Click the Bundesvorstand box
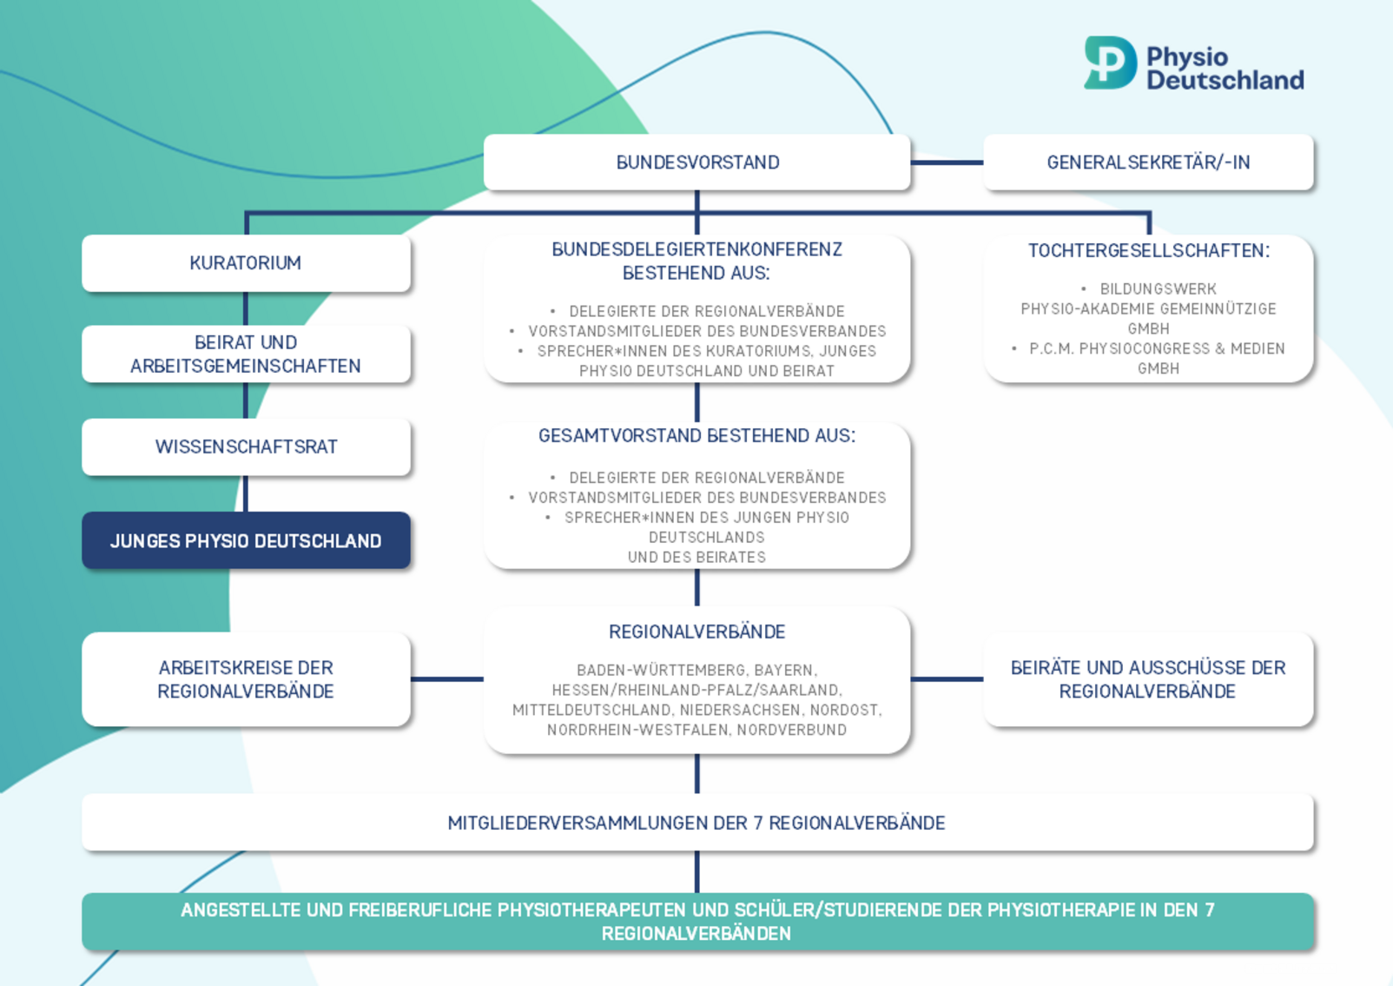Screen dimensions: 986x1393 coord(696,162)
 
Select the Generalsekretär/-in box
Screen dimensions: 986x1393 coord(1147,162)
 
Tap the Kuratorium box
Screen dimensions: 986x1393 coord(246,263)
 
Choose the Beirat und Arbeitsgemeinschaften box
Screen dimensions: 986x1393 coord(246,354)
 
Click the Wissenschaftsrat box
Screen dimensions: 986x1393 coord(246,447)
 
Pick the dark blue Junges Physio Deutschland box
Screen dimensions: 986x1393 coord(246,541)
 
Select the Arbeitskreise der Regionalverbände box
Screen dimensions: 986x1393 coord(246,679)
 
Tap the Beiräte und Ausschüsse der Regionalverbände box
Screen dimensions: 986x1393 coord(1147,679)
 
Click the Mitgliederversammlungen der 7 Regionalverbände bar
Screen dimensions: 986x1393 coord(696,823)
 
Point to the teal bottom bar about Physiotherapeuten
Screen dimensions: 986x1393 coord(696,922)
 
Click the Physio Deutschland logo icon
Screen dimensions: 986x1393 coord(1110,63)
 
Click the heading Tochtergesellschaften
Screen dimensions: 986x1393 coord(1148,251)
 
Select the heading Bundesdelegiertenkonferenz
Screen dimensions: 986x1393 coord(696,250)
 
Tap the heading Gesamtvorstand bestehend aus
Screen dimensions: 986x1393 coord(696,436)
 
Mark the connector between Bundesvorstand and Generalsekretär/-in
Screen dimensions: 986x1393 coord(947,162)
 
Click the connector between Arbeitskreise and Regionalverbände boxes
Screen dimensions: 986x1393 coord(446,679)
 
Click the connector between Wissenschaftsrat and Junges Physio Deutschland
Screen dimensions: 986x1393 coord(246,493)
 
